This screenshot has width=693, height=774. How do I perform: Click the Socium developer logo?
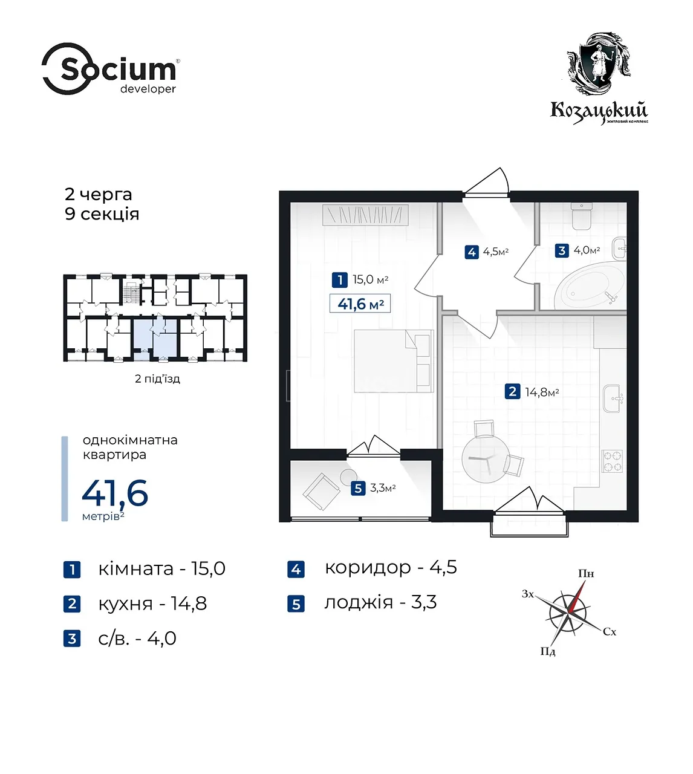pyautogui.click(x=111, y=69)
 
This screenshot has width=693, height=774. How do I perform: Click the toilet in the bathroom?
pyautogui.click(x=581, y=216)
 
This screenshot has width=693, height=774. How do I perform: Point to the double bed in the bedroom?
pyautogui.click(x=394, y=361)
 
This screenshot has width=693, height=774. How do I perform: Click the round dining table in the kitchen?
pyautogui.click(x=485, y=459)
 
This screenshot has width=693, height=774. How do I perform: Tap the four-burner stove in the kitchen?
pyautogui.click(x=613, y=461)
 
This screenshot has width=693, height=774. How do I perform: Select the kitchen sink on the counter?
pyautogui.click(x=613, y=398)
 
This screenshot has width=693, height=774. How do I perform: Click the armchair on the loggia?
pyautogui.click(x=321, y=492)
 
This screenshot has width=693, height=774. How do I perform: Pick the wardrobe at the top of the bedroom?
pyautogui.click(x=365, y=215)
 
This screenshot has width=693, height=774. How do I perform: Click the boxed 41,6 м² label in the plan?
pyautogui.click(x=360, y=304)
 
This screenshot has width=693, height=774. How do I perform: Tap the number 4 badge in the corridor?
pyautogui.click(x=472, y=252)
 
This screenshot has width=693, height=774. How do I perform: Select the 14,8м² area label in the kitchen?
pyautogui.click(x=542, y=392)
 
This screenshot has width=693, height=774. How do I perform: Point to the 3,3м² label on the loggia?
pyautogui.click(x=383, y=488)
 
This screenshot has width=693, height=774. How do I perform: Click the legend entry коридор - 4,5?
pyautogui.click(x=391, y=568)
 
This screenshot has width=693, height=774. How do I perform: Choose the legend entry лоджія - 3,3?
pyautogui.click(x=380, y=602)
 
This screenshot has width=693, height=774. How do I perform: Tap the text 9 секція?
pyautogui.click(x=102, y=214)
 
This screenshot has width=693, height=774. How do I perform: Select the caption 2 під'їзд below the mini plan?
pyautogui.click(x=157, y=379)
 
